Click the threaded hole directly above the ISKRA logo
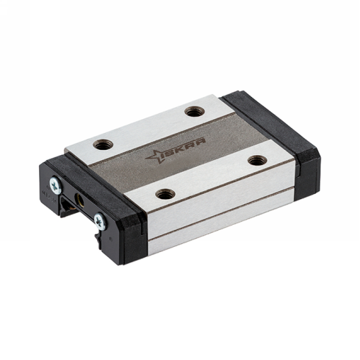point(193,112)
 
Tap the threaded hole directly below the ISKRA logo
point(164,194)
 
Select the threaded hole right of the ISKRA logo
point(256,159)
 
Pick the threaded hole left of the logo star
point(101,145)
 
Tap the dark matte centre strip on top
point(176,154)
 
